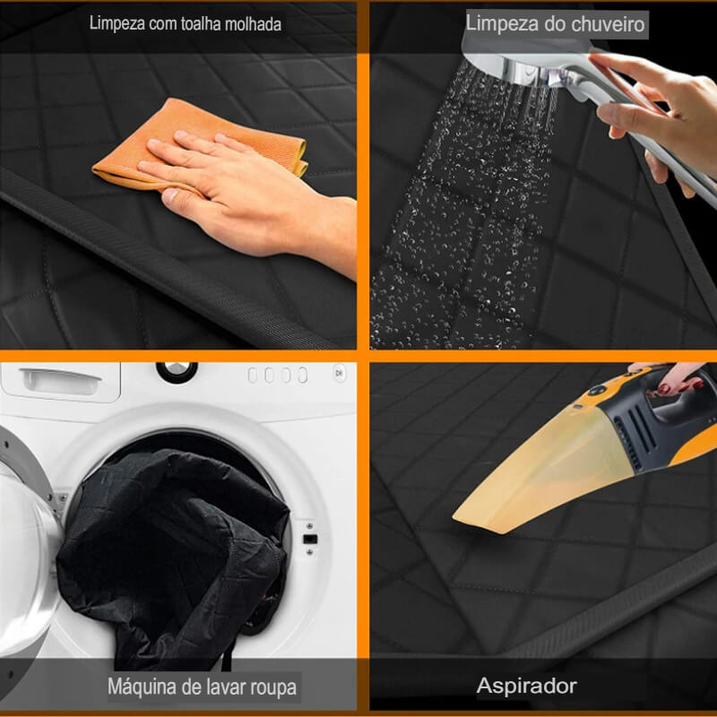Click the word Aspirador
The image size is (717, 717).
pyautogui.click(x=526, y=686)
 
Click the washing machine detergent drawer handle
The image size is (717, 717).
pyautogui.click(x=61, y=381)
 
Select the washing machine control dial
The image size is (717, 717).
pyautogui.click(x=177, y=371)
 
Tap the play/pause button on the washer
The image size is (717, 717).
pyautogui.click(x=339, y=373)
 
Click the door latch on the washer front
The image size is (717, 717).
pyautogui.click(x=309, y=540)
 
